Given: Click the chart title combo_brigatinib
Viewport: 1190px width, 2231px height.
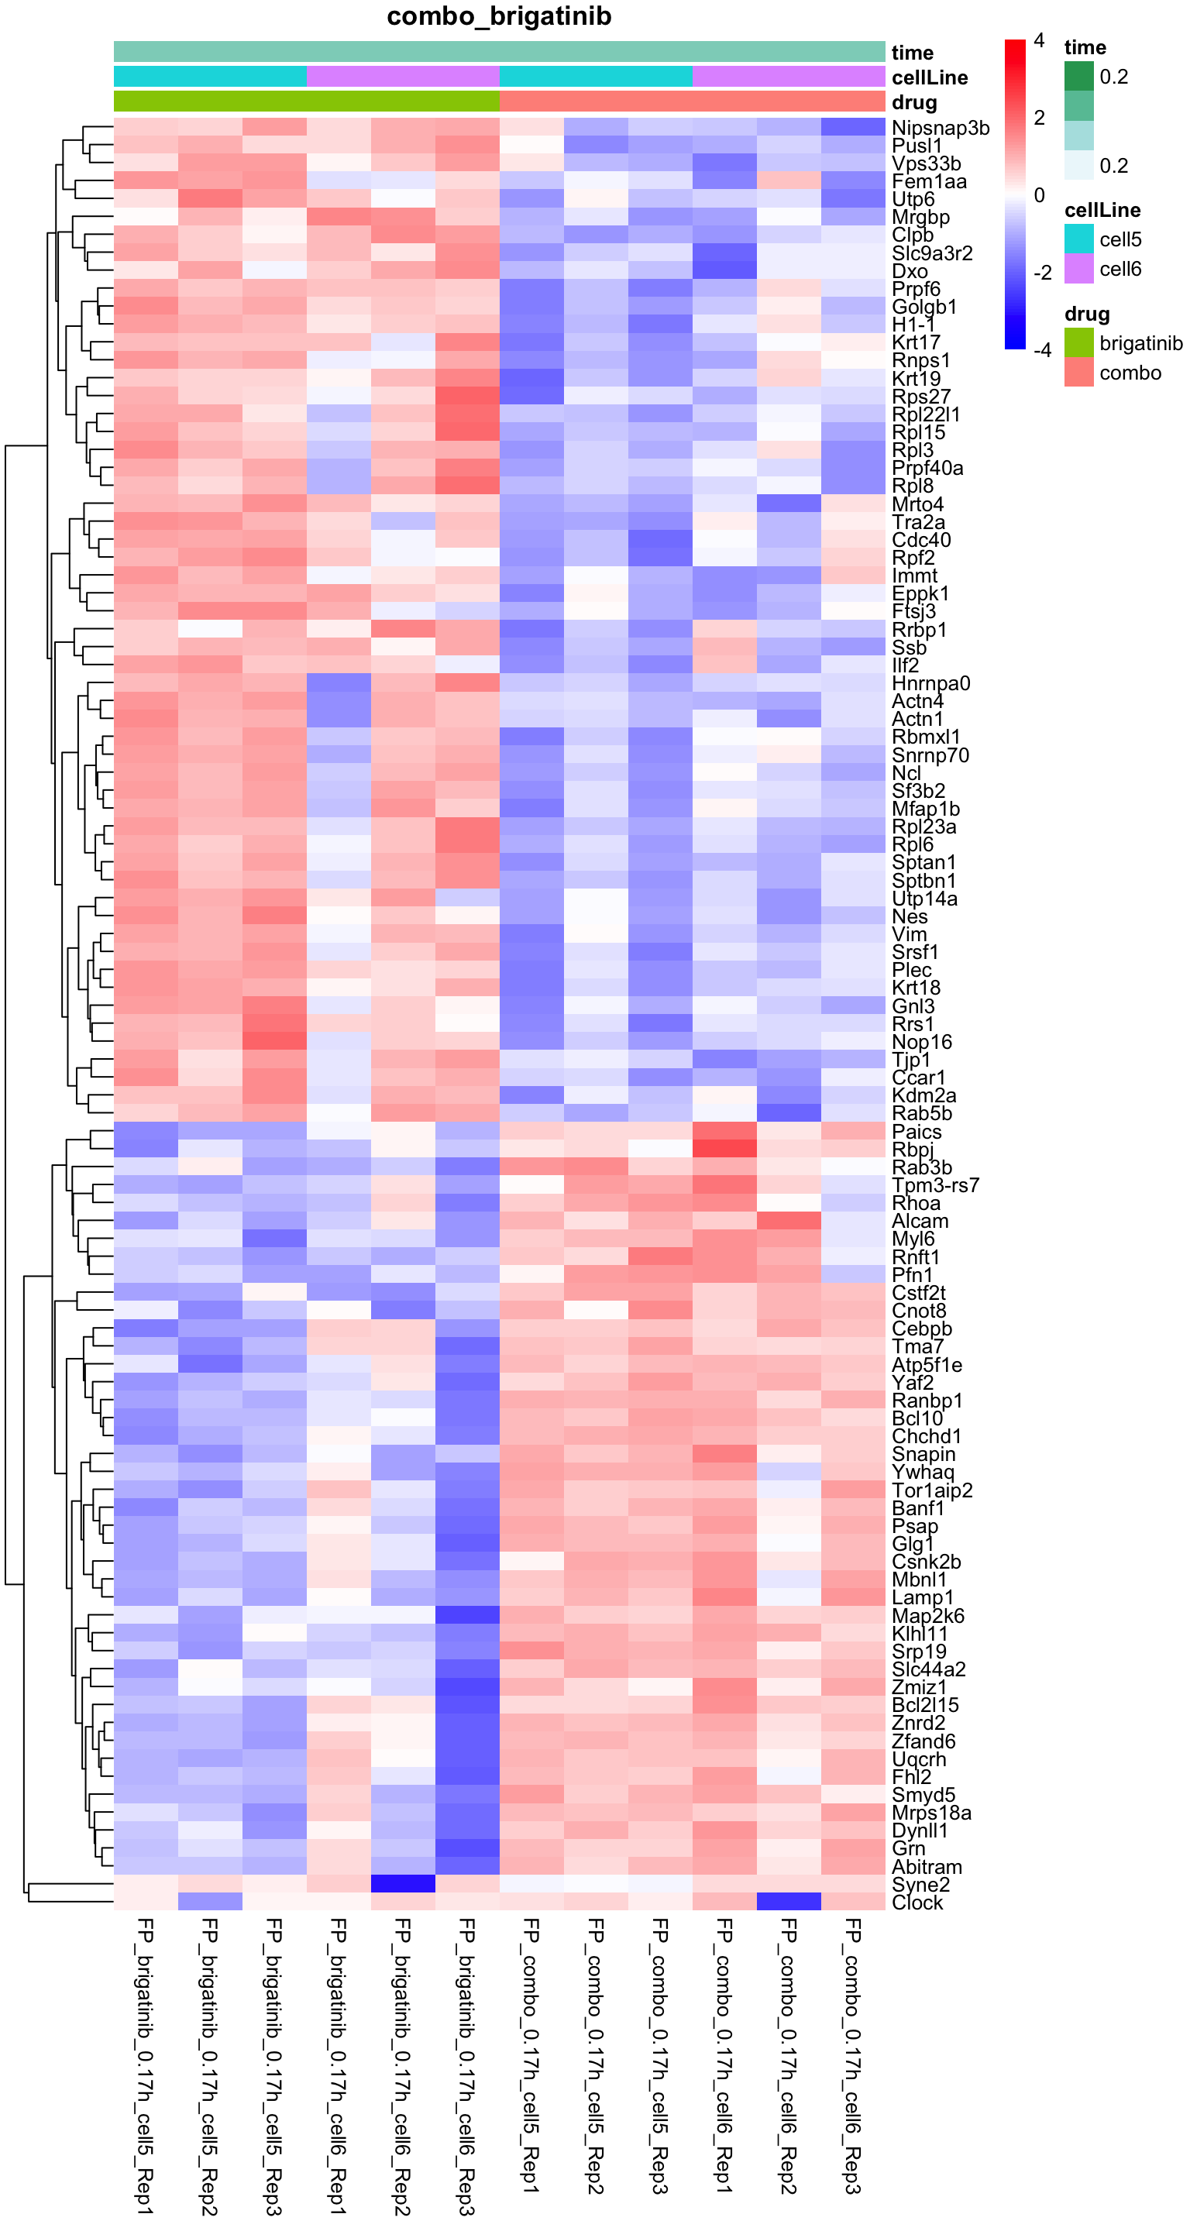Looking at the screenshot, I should coord(499,16).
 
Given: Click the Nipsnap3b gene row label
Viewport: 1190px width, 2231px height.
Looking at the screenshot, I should coord(940,128).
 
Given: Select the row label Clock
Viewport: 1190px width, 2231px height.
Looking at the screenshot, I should coord(917,1903).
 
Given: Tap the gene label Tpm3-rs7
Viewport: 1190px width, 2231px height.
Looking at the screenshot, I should coord(935,1184).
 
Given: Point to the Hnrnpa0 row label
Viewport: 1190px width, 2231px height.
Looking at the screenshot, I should coord(931,683).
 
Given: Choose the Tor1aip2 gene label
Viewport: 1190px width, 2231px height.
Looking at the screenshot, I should coord(932,1490).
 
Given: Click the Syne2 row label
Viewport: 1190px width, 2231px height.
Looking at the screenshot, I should coord(920,1885).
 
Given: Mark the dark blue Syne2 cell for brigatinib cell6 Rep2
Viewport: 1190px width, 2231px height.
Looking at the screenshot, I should coord(403,1884).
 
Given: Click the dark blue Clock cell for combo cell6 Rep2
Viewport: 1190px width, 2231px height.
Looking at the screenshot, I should coord(789,1902).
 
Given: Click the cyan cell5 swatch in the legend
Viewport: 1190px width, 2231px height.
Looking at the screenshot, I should coord(1078,239).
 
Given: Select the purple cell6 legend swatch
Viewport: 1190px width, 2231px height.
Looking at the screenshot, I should coord(1078,269).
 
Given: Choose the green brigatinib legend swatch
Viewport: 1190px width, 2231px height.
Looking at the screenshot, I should coord(1078,343).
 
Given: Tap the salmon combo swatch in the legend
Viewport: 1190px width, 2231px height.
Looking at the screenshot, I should coord(1078,373).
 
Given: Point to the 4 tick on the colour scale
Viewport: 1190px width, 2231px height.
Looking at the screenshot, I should coord(1039,41).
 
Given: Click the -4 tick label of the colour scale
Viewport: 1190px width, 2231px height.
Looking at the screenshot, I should coord(1042,350).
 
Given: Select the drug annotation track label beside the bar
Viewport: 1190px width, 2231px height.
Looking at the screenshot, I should coord(913,102).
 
